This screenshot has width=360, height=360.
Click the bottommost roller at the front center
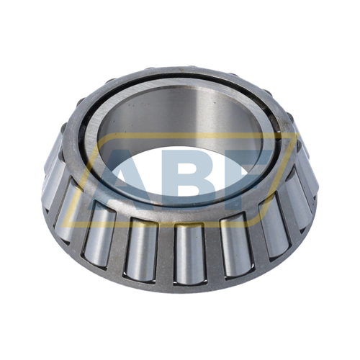click(189, 253)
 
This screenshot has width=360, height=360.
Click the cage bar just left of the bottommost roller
click(166, 253)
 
